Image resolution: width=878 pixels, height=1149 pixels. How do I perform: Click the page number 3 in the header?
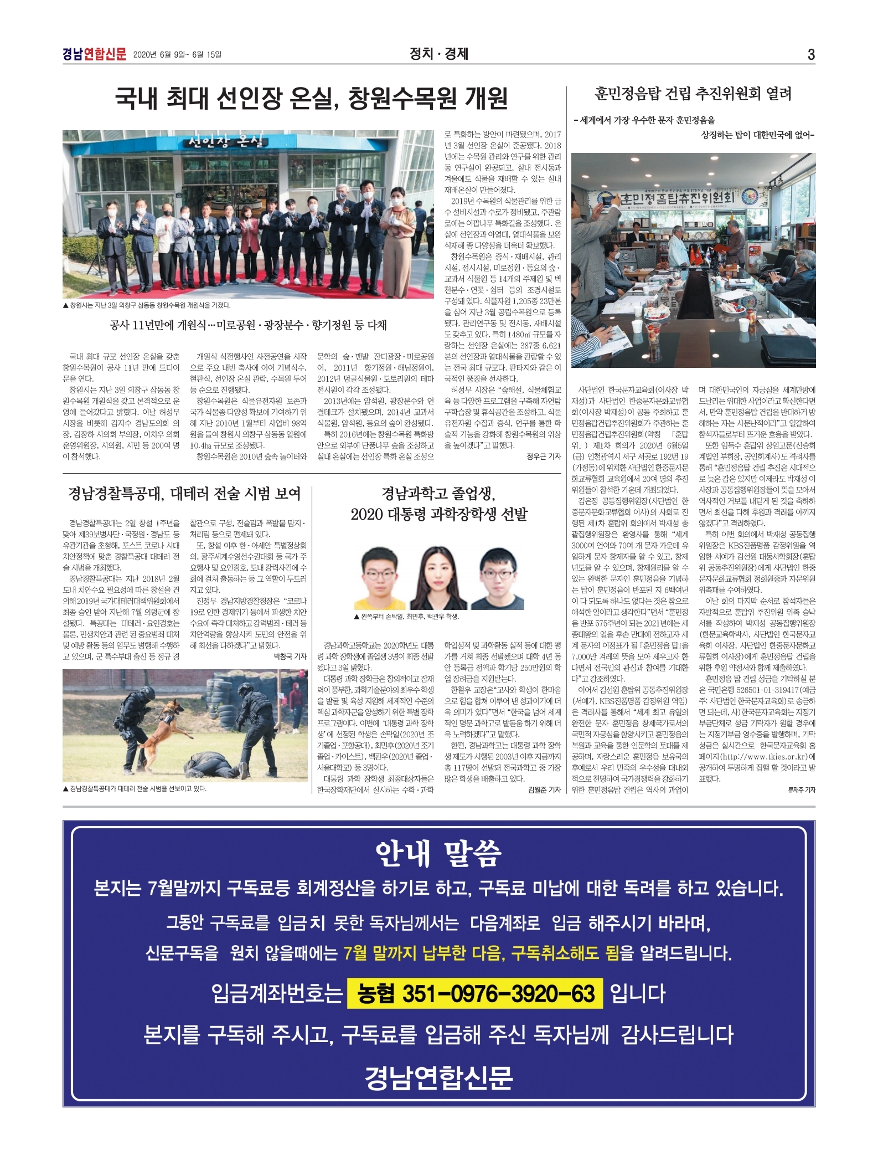(811, 54)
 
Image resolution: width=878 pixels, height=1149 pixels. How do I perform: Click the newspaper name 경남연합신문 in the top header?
(94, 54)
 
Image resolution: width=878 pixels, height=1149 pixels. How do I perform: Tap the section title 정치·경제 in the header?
(438, 54)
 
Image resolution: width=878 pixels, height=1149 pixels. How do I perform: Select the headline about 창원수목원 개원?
(312, 99)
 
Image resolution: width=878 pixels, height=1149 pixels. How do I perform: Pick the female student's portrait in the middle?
(438, 579)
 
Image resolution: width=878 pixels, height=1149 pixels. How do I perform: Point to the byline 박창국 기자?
(290, 656)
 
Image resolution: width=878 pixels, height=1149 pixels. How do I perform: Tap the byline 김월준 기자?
(544, 790)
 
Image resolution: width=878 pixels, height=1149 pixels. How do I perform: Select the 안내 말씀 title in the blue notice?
(438, 854)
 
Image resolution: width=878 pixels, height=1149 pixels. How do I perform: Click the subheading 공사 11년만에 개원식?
(248, 325)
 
